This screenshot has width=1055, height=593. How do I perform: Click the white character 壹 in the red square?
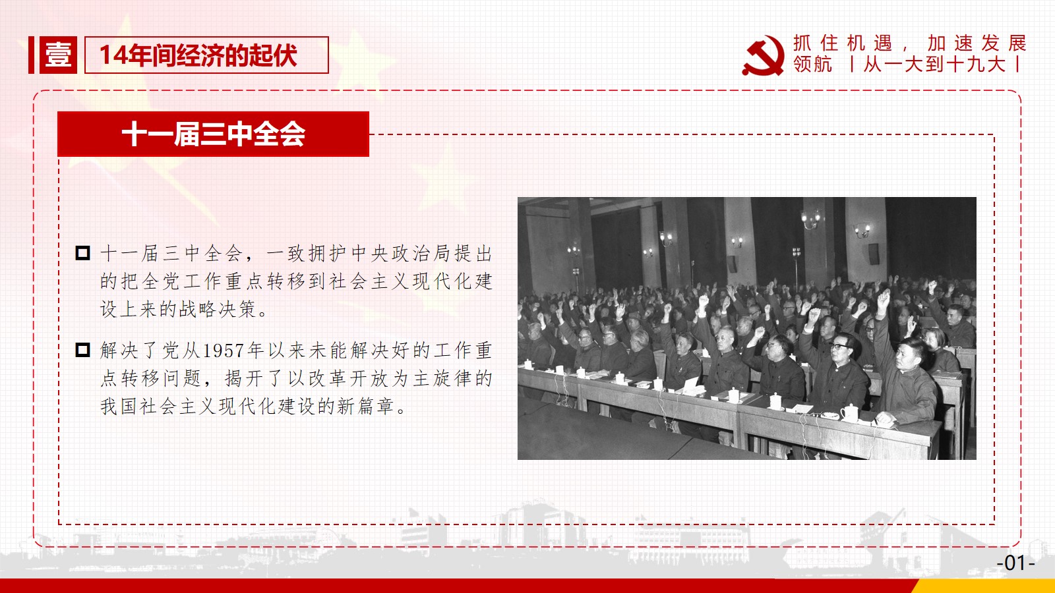[x=58, y=55]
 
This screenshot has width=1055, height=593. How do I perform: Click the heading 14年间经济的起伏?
[x=198, y=55]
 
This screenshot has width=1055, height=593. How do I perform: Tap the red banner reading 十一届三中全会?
[x=213, y=134]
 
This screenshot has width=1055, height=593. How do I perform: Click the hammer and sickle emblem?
[x=763, y=55]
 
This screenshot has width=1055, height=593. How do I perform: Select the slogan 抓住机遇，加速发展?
[x=909, y=43]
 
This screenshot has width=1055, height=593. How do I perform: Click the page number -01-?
[x=1015, y=563]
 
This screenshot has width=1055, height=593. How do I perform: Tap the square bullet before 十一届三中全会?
[x=82, y=253]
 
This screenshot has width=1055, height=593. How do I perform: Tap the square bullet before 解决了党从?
[x=82, y=350]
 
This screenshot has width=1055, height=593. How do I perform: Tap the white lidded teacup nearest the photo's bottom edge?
[x=849, y=412]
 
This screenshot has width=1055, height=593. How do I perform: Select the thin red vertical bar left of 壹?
[x=31, y=55]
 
